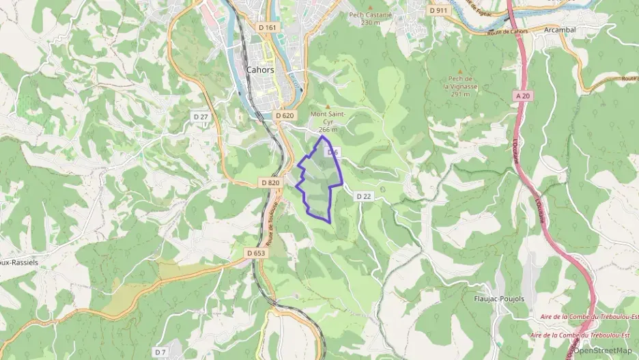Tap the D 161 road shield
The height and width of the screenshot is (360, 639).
click(x=268, y=27)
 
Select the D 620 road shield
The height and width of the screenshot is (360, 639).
click(x=285, y=115)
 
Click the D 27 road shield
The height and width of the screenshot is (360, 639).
click(x=200, y=117)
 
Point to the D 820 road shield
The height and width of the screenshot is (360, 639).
click(x=270, y=183)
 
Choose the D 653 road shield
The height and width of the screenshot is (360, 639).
click(x=255, y=253)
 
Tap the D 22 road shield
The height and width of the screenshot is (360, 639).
click(x=363, y=196)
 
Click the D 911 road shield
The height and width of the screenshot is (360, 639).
click(x=438, y=11)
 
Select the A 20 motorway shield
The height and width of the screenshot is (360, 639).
click(x=523, y=96)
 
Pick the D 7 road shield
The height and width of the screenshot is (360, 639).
click(x=160, y=352)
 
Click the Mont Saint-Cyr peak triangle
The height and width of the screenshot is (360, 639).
click(x=328, y=106)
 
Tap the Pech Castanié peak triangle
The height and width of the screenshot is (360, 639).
click(x=370, y=6)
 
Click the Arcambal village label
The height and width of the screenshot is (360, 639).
click(x=561, y=30)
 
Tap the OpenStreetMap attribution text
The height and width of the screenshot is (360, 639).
click(x=602, y=350)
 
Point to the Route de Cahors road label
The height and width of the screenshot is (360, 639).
click(x=508, y=32)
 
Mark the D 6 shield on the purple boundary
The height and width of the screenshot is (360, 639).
click(x=333, y=152)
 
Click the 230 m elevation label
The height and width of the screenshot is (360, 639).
click(x=370, y=23)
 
